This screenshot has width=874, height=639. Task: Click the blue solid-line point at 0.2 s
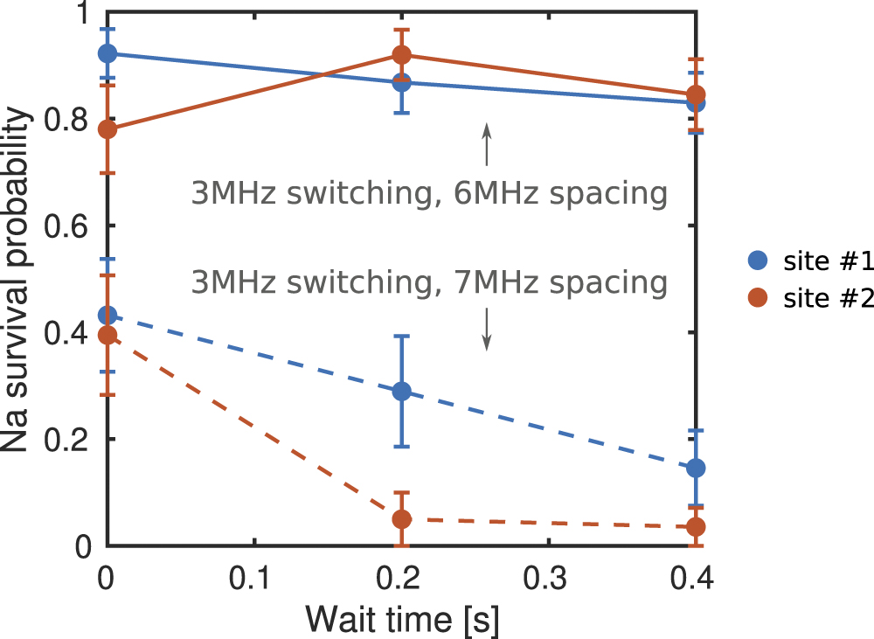(402, 83)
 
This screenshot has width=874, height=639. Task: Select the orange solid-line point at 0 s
(108, 129)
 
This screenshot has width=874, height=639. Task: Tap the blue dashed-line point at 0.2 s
(402, 391)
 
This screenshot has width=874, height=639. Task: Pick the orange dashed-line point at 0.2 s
(402, 519)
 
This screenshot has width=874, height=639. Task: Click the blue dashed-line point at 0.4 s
(697, 469)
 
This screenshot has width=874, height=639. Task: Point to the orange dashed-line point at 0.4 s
(697, 527)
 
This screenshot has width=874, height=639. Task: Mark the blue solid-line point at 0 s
(108, 53)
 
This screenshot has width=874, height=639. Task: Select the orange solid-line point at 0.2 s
(402, 55)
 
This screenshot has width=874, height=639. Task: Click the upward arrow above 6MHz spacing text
(487, 144)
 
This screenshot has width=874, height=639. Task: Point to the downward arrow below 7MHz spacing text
(487, 331)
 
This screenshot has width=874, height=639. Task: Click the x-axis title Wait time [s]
(402, 619)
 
